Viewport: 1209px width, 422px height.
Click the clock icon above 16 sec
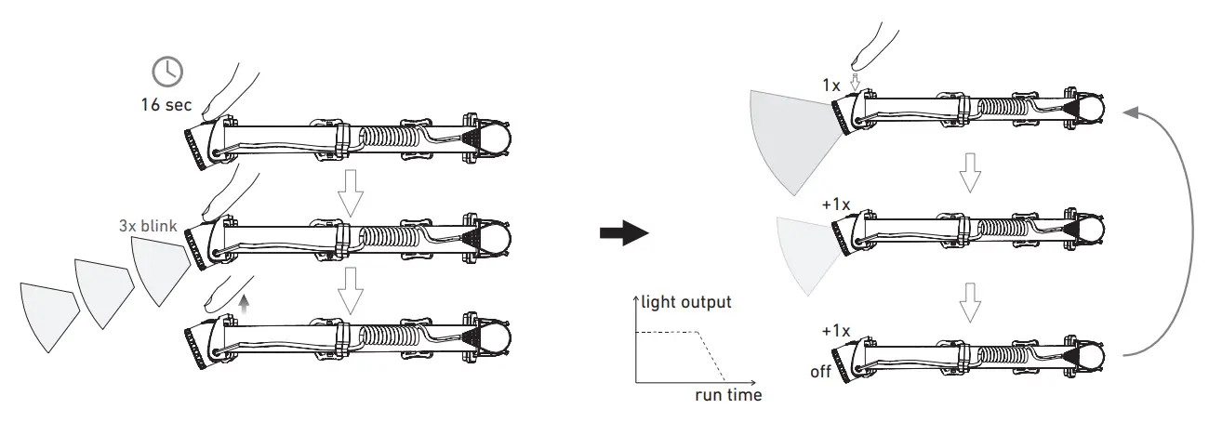[167, 72]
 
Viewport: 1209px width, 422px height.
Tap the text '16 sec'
[166, 104]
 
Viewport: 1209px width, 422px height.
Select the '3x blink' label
[149, 225]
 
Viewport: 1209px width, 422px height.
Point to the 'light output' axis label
[686, 302]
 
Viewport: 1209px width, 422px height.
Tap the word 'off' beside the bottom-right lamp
[819, 372]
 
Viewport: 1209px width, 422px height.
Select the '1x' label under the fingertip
[831, 85]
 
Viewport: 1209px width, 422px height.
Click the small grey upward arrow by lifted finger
[244, 300]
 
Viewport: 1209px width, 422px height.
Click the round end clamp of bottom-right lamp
[1089, 355]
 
